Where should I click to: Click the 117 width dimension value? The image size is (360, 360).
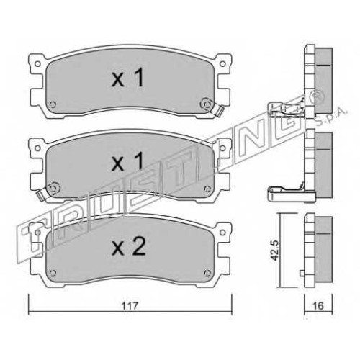point(130,306)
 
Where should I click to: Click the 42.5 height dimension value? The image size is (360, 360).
point(274,251)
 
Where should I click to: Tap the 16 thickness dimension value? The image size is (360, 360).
point(318,306)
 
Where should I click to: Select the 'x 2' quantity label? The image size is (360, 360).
point(129,247)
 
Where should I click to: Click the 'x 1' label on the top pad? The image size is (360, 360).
point(127,78)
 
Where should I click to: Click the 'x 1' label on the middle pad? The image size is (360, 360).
point(127,161)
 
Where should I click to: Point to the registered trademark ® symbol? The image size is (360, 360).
point(318,96)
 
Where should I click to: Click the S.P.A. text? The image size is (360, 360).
point(330,117)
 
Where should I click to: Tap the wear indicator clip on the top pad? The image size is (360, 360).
point(219,111)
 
